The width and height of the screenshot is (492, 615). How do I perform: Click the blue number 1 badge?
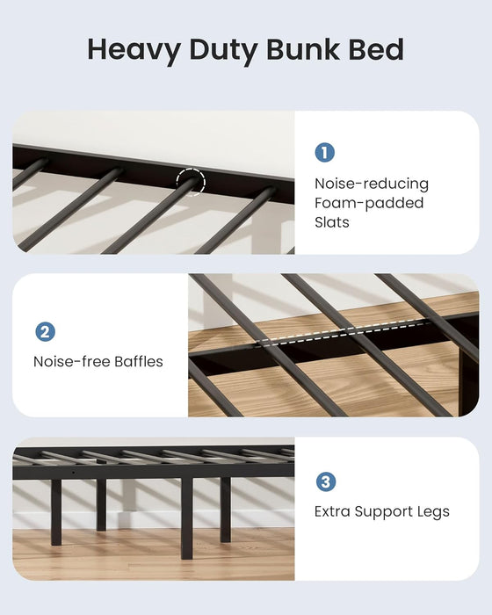[324, 153]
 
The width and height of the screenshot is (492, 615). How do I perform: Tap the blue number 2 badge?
[45, 332]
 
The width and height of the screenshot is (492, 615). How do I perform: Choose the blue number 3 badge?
[324, 481]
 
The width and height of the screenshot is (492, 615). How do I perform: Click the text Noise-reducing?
[372, 184]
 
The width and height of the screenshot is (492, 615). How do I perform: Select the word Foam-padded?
[369, 203]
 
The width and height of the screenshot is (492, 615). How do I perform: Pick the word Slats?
[332, 222]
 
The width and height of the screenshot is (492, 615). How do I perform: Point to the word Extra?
[334, 511]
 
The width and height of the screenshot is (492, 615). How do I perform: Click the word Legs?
[433, 511]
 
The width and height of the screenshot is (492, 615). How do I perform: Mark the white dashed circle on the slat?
[190, 184]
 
